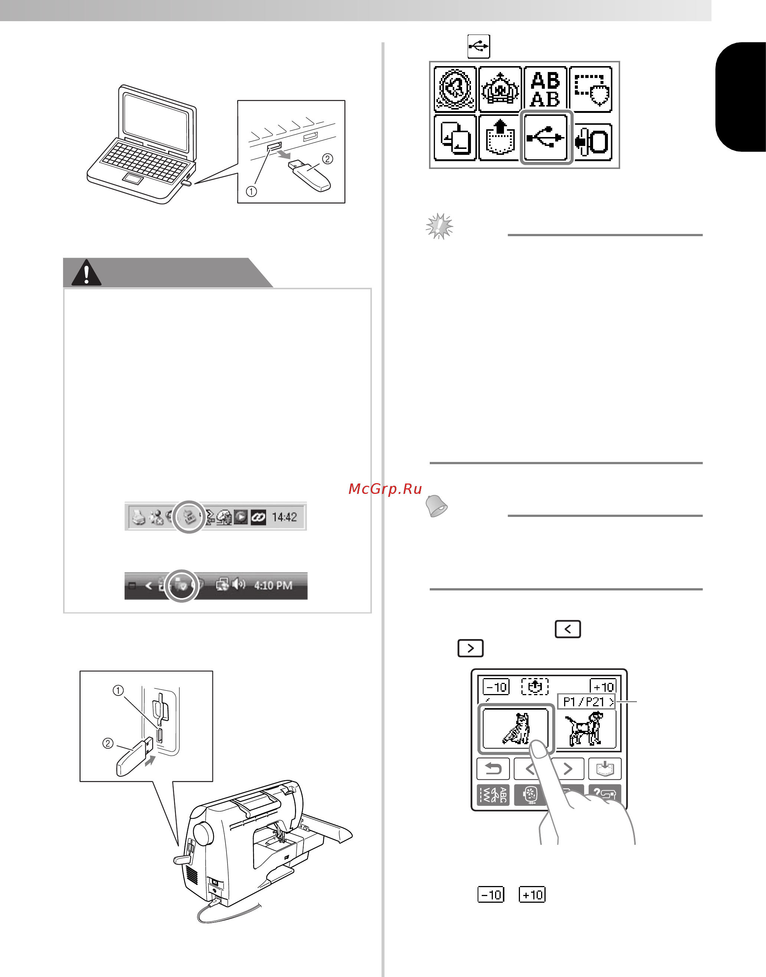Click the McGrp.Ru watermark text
pos(385,489)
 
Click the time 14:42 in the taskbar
pos(284,517)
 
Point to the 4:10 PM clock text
pos(273,585)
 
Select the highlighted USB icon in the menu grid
pos(546,137)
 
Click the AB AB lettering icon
pos(545,89)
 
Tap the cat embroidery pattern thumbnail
pos(516,728)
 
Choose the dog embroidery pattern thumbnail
pos(585,729)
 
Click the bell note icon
pos(436,506)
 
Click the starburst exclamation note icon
pos(439,226)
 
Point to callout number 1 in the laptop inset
pos(252,191)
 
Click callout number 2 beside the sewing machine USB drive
pos(108,744)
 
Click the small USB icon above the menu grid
pos(478,46)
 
